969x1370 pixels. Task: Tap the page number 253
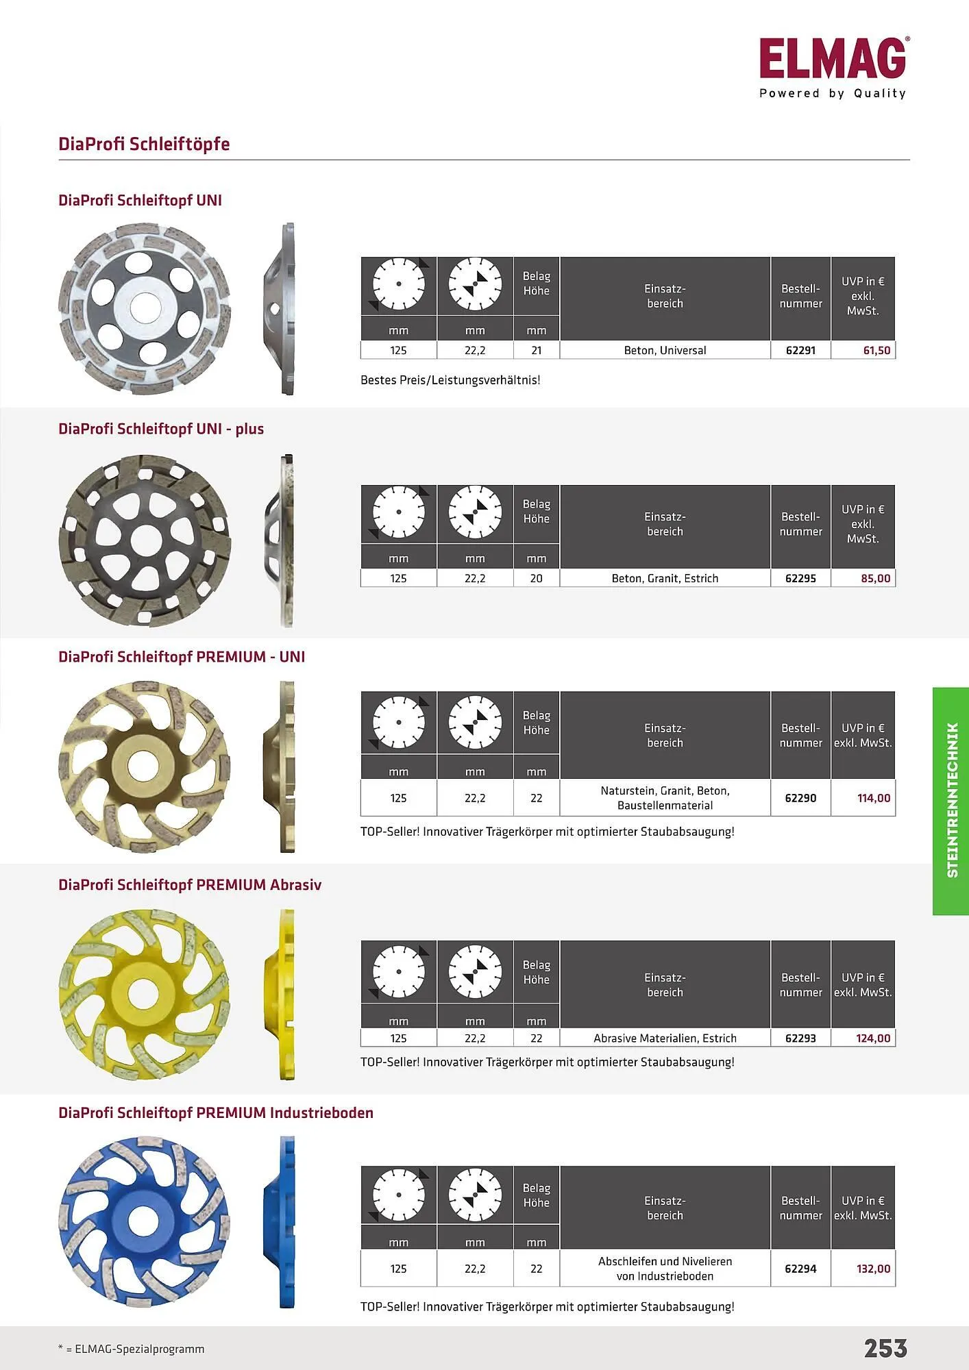(885, 1348)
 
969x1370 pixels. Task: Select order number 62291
(800, 350)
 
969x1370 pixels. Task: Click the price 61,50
(876, 350)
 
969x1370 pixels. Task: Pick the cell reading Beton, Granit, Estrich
(665, 578)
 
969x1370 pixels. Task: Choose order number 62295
(800, 578)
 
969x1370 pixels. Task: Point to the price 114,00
(874, 798)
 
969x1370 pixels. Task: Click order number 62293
(800, 1038)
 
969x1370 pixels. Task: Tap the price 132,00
(874, 1269)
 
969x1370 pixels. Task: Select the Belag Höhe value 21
(537, 350)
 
